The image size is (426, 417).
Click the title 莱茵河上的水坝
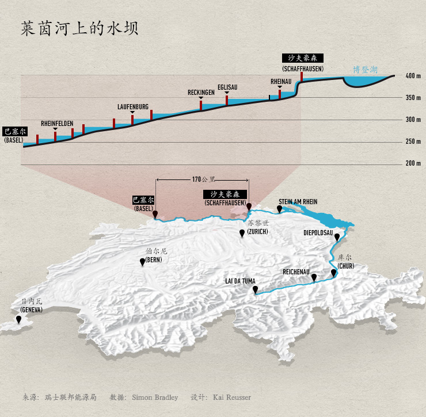click(79, 29)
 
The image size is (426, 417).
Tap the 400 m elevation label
click(413, 76)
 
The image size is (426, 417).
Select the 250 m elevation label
click(413, 141)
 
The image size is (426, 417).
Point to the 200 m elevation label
click(413, 163)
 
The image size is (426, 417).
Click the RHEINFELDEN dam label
click(57, 124)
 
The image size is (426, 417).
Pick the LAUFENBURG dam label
click(133, 107)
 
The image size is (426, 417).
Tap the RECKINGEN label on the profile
click(201, 93)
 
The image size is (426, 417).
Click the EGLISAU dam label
click(227, 87)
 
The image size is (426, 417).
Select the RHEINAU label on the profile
click(280, 82)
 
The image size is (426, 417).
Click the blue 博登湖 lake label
click(365, 70)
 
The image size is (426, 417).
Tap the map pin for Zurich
click(242, 233)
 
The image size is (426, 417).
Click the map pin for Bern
click(142, 262)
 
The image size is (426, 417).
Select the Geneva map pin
click(19, 319)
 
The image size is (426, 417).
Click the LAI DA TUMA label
click(240, 281)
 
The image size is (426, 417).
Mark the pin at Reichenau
click(314, 277)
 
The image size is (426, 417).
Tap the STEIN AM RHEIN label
click(298, 202)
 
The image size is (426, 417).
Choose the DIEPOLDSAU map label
click(318, 233)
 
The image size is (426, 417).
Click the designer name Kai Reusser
click(231, 397)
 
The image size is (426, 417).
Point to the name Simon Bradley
click(154, 397)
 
